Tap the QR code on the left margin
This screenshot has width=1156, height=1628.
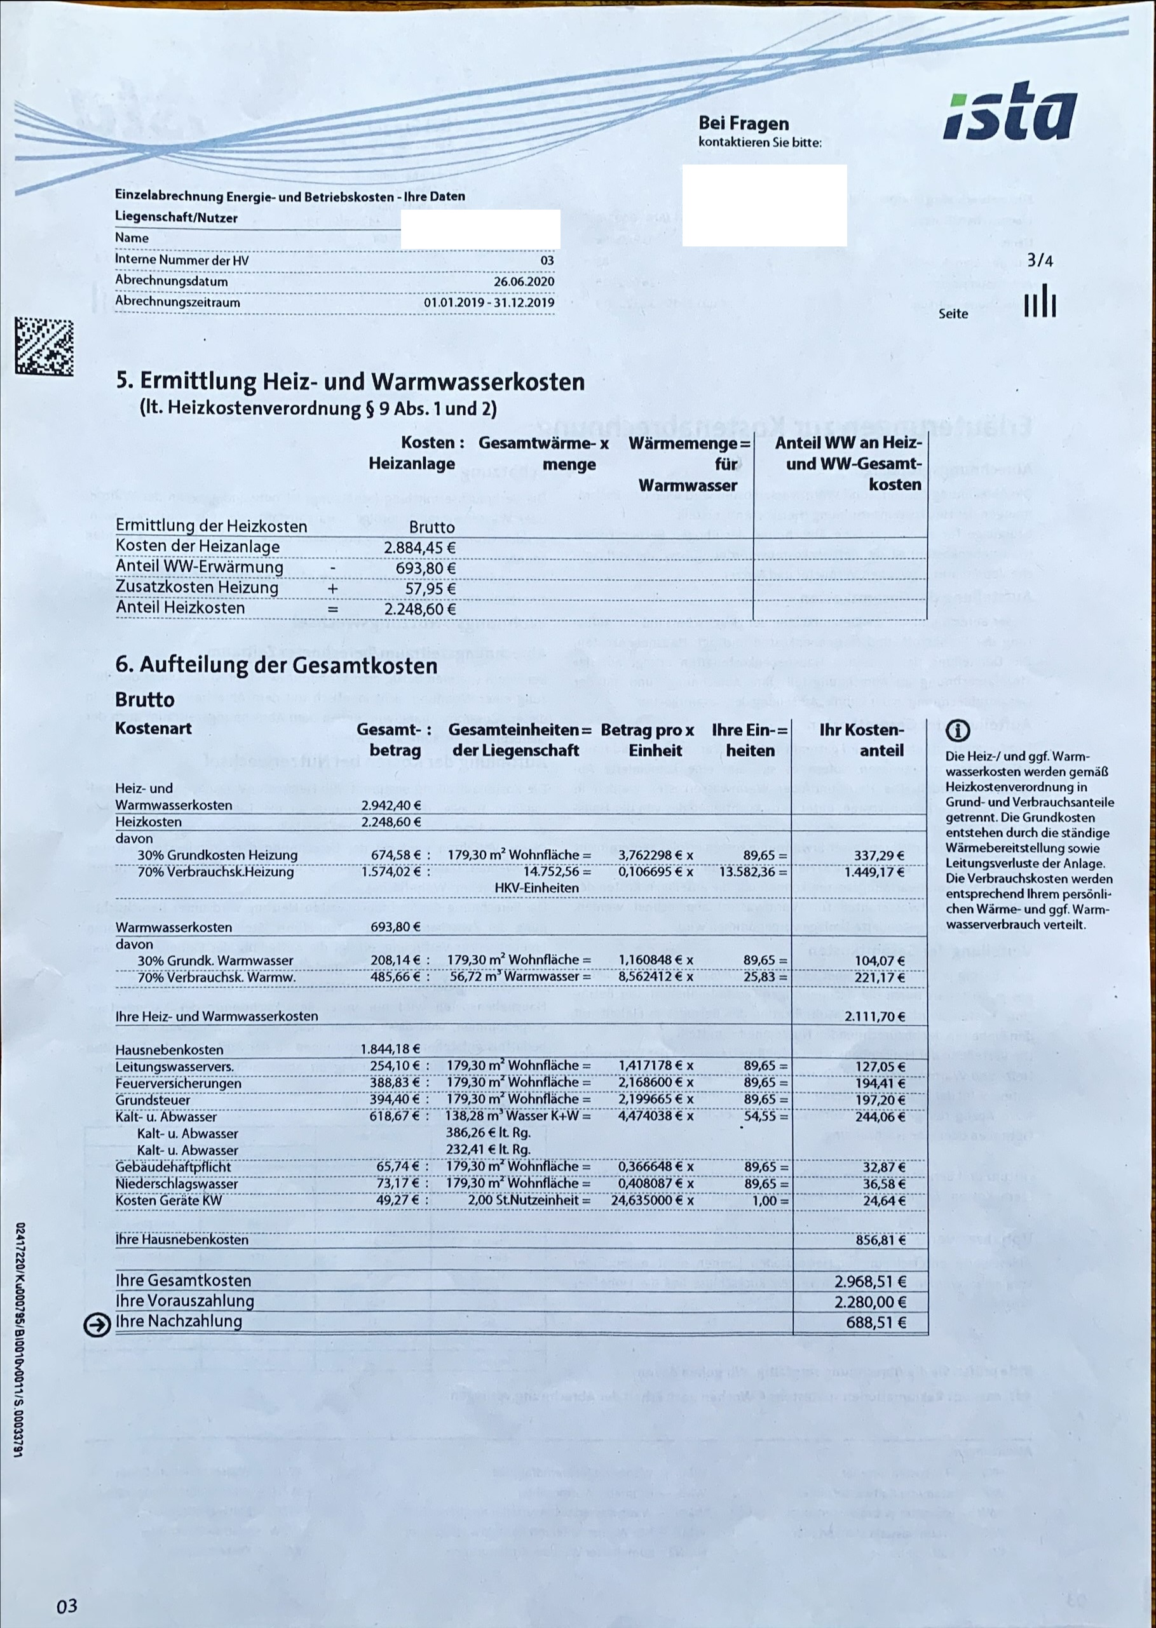44,347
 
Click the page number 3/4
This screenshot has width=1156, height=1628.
1040,260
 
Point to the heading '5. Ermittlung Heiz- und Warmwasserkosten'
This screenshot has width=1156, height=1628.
350,382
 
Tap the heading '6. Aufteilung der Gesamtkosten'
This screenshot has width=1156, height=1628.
276,665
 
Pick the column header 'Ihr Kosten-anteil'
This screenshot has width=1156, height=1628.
861,740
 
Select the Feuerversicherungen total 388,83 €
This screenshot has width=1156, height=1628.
395,1083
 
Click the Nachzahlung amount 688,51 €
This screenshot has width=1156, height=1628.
876,1322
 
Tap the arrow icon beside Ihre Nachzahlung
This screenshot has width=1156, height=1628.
97,1325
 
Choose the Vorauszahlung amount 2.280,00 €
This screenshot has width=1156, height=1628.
871,1302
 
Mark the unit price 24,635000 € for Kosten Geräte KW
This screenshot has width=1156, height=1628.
652,1201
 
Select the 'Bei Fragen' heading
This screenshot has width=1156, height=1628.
743,124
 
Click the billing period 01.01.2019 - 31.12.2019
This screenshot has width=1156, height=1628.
489,302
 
